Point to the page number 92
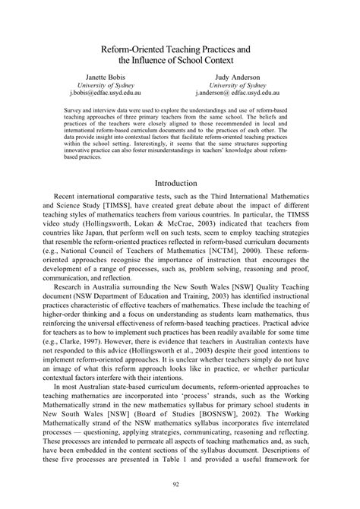tap(180, 484)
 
